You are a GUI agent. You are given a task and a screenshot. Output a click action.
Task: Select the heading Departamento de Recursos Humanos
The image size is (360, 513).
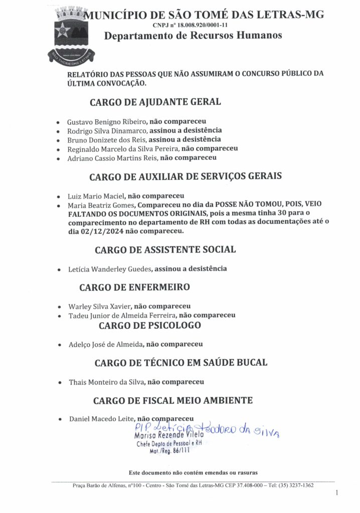[193, 36]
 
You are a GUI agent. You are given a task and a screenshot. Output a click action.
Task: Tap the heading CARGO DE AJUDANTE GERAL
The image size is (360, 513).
[155, 102]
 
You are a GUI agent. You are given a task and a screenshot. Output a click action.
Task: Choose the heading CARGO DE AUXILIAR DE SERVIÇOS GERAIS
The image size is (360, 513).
[186, 176]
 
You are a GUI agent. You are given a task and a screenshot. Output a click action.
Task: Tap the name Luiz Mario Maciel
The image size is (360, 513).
[95, 196]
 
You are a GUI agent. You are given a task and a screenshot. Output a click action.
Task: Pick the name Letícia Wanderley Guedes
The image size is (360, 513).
[109, 269]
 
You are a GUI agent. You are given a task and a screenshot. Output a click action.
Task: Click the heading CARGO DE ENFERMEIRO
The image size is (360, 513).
[134, 288]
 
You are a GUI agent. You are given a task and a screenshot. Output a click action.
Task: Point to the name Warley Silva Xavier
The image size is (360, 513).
[100, 306]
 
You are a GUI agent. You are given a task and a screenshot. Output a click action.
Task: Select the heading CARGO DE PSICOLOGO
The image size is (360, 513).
[150, 326]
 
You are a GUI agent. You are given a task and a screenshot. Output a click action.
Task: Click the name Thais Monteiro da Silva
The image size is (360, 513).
[105, 382]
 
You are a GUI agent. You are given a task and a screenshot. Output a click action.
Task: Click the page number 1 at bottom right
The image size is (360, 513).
[336, 493]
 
